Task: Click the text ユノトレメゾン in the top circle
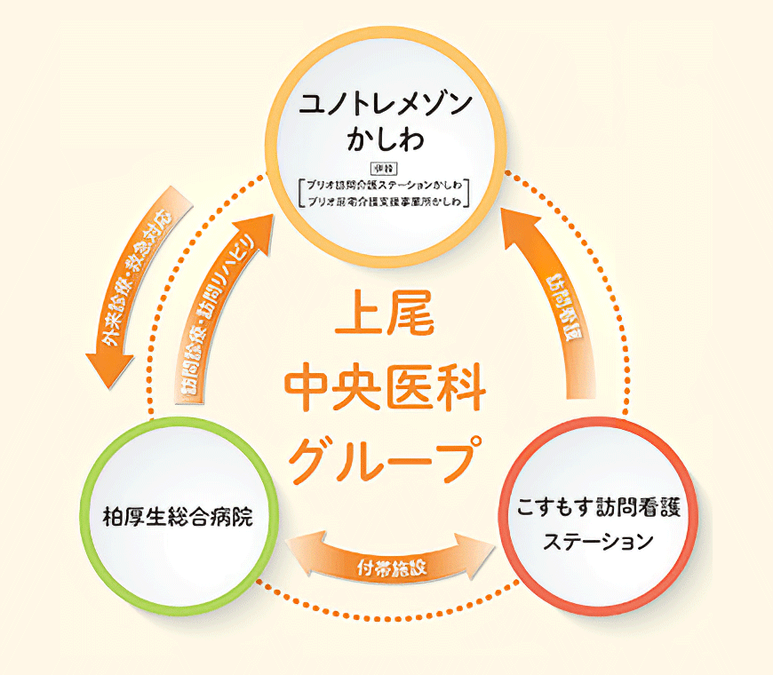point(385,103)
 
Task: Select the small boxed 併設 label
point(385,169)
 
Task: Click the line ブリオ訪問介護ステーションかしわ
point(385,186)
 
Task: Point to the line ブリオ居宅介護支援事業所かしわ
point(385,202)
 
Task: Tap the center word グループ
point(385,455)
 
